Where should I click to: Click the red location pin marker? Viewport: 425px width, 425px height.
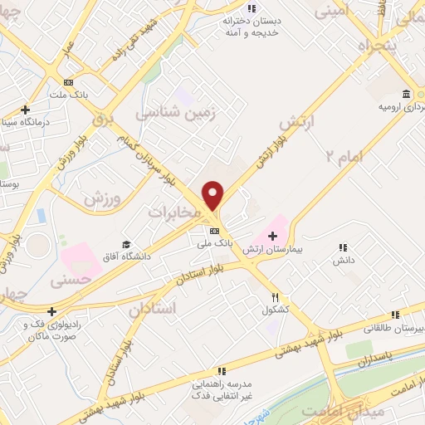pos(213,195)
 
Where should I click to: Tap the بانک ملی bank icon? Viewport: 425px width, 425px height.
pos(214,230)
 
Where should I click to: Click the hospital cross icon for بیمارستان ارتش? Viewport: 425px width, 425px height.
pos(272,237)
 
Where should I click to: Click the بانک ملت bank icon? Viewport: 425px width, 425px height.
pos(68,83)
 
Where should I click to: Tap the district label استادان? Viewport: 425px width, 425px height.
pos(153,308)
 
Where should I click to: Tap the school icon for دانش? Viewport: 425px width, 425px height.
pos(342,247)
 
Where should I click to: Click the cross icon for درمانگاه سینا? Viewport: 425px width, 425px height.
pos(26,109)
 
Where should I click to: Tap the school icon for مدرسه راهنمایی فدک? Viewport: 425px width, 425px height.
pos(221,371)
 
